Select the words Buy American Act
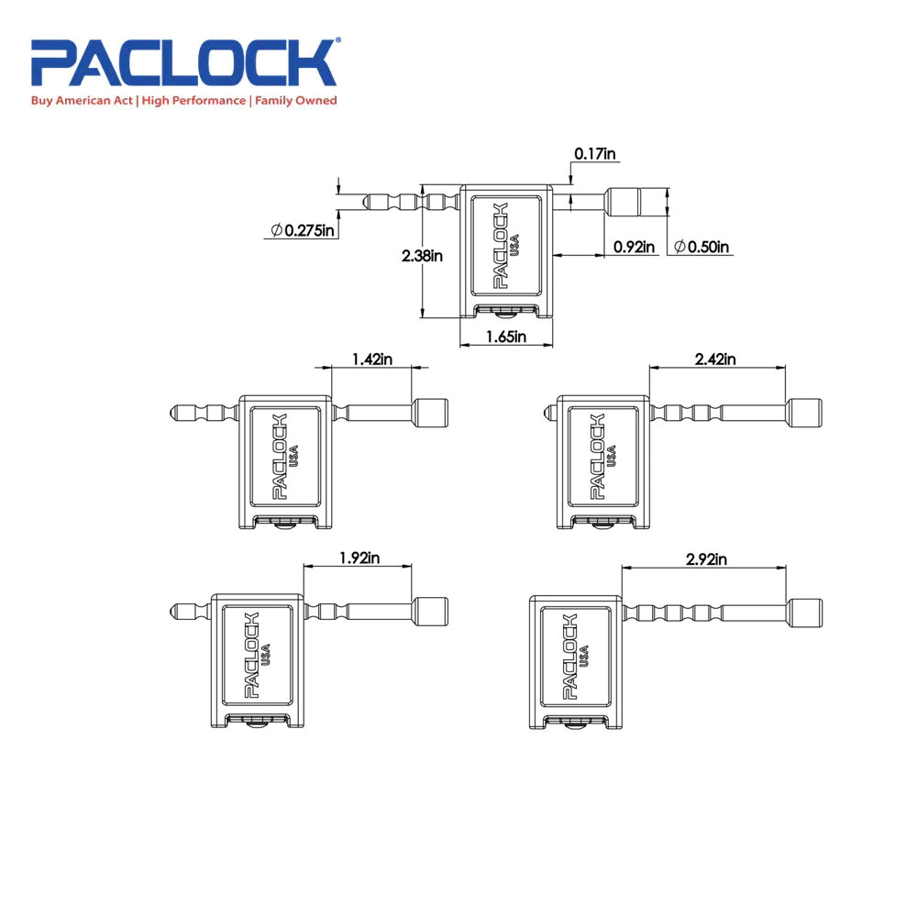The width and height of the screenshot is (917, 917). (83, 101)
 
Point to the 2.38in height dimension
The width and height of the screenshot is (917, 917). (422, 256)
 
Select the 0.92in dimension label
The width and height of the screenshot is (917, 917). (635, 247)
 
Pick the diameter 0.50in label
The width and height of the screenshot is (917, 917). (702, 247)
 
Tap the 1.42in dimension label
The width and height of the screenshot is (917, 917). (372, 359)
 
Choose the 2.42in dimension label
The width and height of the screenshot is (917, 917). (716, 359)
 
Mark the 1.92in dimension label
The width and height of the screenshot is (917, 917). (359, 557)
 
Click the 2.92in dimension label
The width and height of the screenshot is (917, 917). (707, 558)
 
